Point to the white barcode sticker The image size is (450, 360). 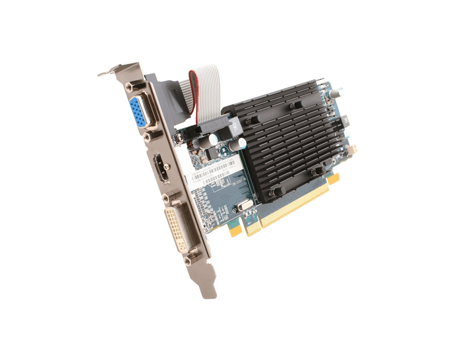click(214, 172)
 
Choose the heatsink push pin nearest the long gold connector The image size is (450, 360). click(317, 170)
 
